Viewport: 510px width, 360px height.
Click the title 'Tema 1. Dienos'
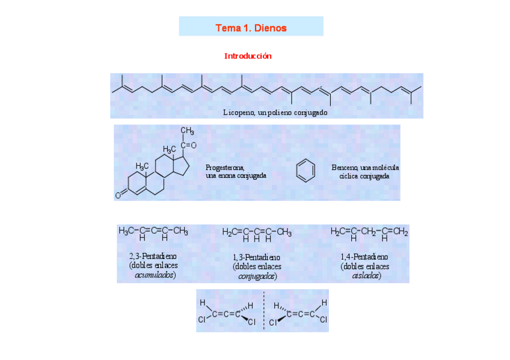(251, 28)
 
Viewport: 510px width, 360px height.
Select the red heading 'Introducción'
(248, 56)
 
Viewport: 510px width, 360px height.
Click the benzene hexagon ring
(306, 171)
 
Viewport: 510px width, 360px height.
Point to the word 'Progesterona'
(225, 168)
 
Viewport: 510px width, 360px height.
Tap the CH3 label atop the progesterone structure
(187, 131)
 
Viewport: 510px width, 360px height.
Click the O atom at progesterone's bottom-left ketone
(118, 195)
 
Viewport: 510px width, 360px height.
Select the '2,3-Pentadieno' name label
(153, 257)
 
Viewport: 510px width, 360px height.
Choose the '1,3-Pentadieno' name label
(257, 257)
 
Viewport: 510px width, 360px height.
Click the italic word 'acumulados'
(155, 275)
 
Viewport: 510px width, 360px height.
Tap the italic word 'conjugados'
(257, 276)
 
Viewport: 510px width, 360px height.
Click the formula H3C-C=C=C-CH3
(153, 231)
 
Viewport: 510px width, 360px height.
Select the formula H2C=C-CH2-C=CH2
(369, 232)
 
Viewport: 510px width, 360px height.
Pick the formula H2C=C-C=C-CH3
(257, 232)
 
